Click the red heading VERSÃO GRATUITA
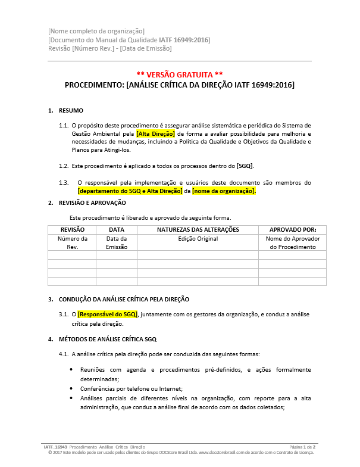tap(180, 74)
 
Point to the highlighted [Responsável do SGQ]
tap(108, 314)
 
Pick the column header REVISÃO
tap(72, 229)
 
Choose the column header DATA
tap(117, 229)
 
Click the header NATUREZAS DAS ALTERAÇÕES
tap(198, 229)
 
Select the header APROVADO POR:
tap(292, 229)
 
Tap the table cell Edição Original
tap(198, 239)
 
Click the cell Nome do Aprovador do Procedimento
tap(292, 242)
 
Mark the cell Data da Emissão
tap(117, 242)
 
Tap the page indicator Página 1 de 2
tap(302, 446)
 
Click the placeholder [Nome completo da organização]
tap(96, 31)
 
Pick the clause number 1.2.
tap(63, 166)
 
